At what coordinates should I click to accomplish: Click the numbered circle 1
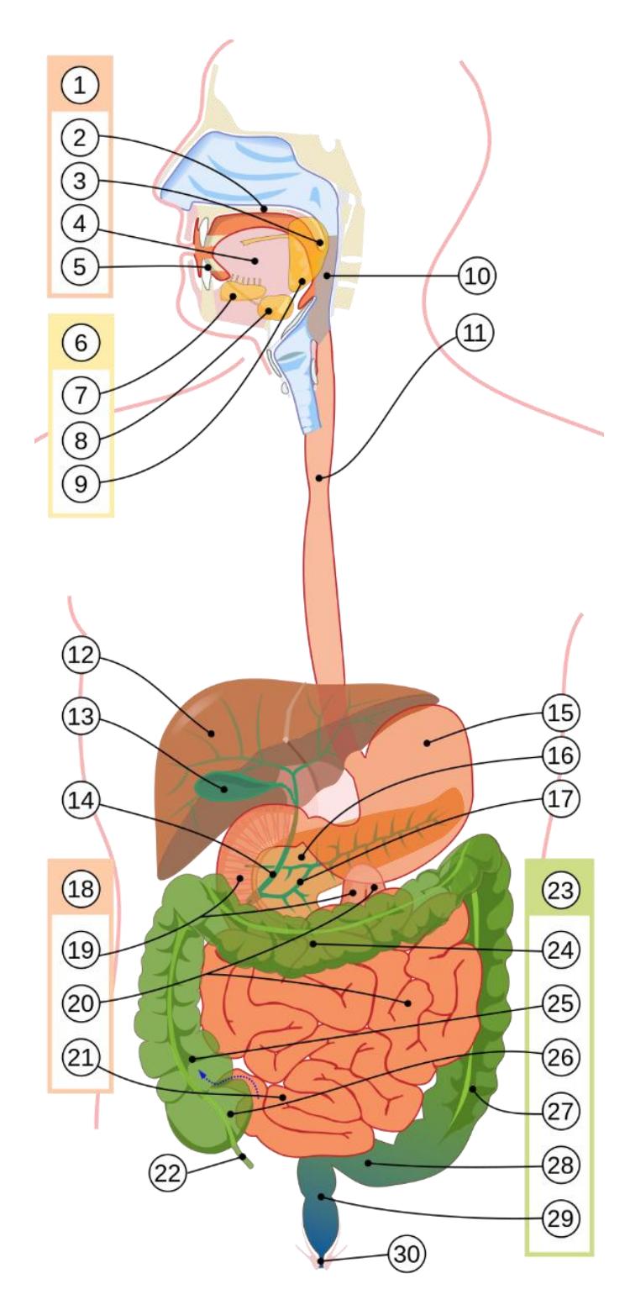80,85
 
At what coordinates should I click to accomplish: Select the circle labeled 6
81,342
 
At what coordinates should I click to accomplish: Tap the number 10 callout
477,275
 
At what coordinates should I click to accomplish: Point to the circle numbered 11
475,333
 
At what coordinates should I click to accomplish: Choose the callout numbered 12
81,655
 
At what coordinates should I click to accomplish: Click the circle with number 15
561,713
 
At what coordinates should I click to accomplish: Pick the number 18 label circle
81,890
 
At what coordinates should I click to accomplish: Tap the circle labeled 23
561,890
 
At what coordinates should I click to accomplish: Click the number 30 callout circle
407,1254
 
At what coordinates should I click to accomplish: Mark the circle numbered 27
561,1111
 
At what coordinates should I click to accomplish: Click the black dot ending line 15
428,742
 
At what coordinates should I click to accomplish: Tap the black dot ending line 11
319,478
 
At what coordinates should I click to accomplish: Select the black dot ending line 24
313,943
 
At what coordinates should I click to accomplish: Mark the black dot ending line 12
212,732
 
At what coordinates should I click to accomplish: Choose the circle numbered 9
81,483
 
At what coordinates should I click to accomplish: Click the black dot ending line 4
255,260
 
